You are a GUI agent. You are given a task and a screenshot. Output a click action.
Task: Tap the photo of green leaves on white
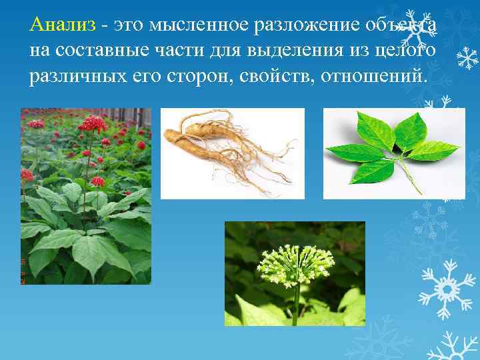[x=394, y=153]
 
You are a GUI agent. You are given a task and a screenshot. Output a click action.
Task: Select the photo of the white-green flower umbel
[x=295, y=273]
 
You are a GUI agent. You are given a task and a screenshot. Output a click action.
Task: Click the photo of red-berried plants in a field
[x=86, y=196]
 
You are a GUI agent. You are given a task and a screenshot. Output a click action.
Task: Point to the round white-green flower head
[x=295, y=264]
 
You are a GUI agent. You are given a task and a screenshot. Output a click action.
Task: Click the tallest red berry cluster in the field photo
[x=93, y=123]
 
